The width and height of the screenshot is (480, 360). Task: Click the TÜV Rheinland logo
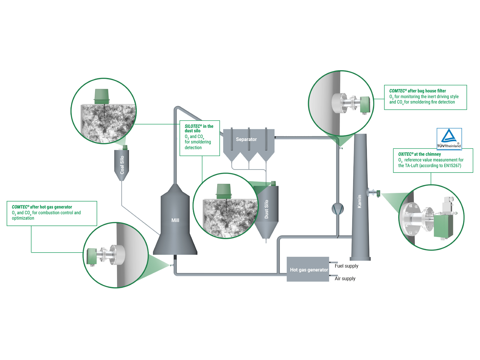point(449,139)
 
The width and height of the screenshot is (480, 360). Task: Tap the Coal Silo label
point(122,165)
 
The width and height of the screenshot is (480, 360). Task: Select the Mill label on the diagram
point(175,220)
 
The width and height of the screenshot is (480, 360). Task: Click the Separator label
point(246,139)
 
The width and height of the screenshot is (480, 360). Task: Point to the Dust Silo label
point(266,209)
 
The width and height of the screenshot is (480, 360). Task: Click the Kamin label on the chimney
point(359,201)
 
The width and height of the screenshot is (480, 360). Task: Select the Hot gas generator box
point(308,269)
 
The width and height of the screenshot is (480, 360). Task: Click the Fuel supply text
point(346,266)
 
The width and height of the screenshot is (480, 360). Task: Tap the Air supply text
point(345,278)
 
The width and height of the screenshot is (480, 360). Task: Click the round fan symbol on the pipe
point(337,208)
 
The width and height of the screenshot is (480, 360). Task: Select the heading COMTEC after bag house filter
point(417,91)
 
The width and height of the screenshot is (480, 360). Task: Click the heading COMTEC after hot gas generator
point(42,207)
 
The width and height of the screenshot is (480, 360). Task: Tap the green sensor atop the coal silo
point(125,147)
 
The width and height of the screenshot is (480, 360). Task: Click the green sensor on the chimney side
point(378,193)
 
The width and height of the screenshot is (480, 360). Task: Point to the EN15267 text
point(452,166)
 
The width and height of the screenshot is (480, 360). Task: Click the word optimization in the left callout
point(23,218)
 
